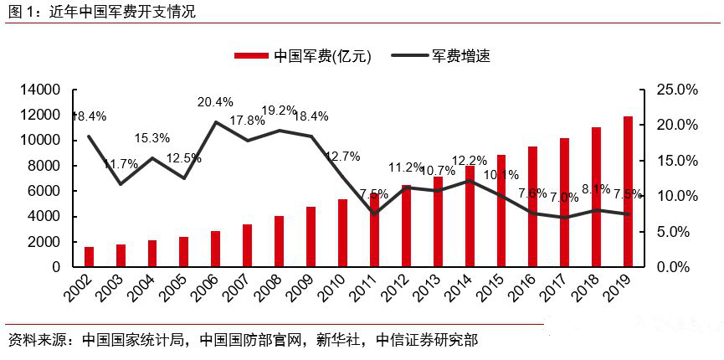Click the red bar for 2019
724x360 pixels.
pyautogui.click(x=628, y=192)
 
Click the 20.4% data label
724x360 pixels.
pyautogui.click(x=215, y=102)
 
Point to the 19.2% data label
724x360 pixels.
pyautogui.click(x=279, y=110)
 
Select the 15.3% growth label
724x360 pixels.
pyautogui.click(x=152, y=138)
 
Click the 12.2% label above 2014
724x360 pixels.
pyautogui.click(x=469, y=161)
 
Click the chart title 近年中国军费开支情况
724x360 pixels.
pyautogui.click(x=117, y=13)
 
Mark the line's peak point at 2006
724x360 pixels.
pyautogui.click(x=215, y=122)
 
